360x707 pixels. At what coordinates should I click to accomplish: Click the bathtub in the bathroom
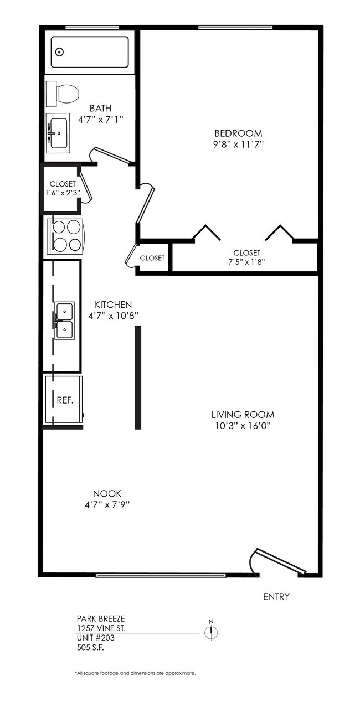click(90, 52)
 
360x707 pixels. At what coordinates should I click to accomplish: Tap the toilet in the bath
click(62, 94)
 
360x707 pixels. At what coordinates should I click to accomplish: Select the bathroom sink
click(57, 133)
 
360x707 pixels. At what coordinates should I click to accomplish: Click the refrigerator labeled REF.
click(64, 400)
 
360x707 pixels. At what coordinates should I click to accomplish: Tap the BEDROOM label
click(238, 133)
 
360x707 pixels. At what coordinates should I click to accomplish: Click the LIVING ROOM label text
click(243, 414)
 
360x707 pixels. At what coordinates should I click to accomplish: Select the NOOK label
click(107, 493)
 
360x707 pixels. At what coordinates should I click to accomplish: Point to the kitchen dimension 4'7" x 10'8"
click(114, 316)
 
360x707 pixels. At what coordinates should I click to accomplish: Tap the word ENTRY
click(276, 597)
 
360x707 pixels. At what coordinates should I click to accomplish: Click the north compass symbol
click(211, 632)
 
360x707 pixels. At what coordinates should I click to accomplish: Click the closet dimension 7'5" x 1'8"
click(246, 262)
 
